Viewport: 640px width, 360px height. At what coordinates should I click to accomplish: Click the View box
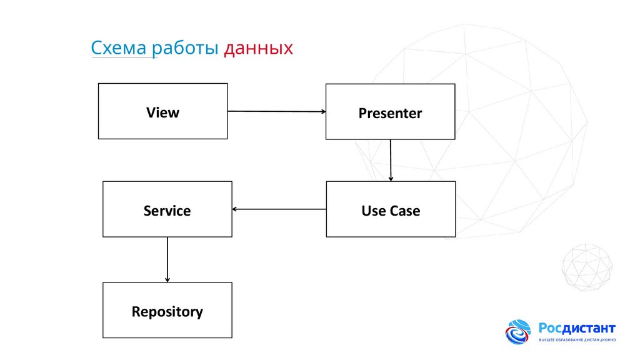(162, 111)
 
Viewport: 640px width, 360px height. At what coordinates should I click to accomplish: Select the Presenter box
(390, 112)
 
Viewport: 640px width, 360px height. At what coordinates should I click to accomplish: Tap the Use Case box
(391, 209)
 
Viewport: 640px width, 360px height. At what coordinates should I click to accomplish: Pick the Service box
(167, 209)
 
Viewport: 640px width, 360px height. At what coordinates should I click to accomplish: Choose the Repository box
(167, 310)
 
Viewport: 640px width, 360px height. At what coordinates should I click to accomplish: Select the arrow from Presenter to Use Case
(391, 160)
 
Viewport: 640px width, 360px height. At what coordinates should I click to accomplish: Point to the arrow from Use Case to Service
(279, 209)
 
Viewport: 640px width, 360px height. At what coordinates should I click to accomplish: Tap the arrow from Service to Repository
(167, 259)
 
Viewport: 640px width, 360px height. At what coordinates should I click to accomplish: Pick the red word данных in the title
(258, 48)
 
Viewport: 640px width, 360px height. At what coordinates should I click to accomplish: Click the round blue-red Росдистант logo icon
(518, 332)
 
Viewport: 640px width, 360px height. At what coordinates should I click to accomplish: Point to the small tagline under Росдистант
(577, 340)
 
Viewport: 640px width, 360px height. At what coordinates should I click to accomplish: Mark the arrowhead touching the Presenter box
(322, 112)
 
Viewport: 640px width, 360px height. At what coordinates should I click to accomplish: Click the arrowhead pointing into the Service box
(235, 209)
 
